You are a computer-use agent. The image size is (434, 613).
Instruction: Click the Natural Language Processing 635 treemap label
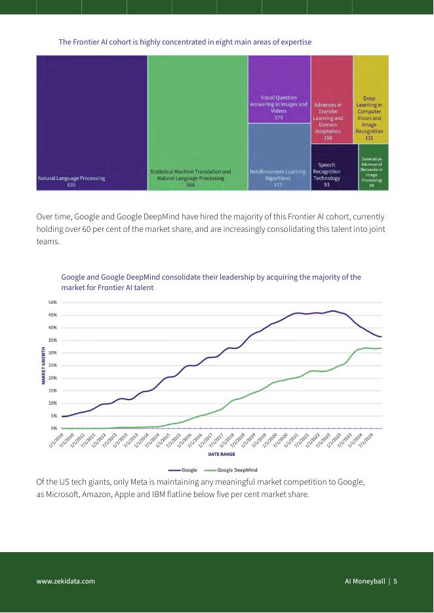click(x=71, y=181)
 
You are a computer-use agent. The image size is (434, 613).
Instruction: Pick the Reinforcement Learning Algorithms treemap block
click(x=279, y=157)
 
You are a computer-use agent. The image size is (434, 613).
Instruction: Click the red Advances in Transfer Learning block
click(x=331, y=99)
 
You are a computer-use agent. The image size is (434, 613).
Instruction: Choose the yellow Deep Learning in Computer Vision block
click(x=370, y=99)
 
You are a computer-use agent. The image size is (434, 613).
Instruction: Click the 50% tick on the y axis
click(x=53, y=303)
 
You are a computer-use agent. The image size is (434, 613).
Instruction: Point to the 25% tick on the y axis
click(x=53, y=365)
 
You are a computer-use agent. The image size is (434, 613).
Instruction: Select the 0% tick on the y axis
click(x=54, y=428)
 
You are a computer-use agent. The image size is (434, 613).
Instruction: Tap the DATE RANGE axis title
click(x=222, y=453)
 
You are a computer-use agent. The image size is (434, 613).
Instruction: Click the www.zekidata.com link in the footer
click(x=66, y=581)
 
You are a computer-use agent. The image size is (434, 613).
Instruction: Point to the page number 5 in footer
click(x=395, y=581)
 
